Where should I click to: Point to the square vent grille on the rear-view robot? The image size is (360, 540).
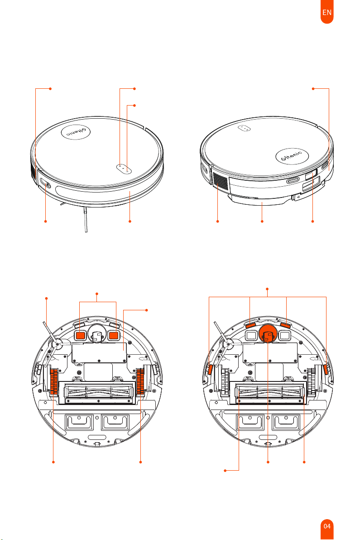tap(221, 181)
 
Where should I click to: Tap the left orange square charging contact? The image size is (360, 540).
tap(81, 335)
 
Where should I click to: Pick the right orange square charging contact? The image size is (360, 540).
tap(114, 335)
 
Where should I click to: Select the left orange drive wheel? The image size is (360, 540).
tap(54, 381)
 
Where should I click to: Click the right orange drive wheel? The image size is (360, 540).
tap(140, 381)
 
